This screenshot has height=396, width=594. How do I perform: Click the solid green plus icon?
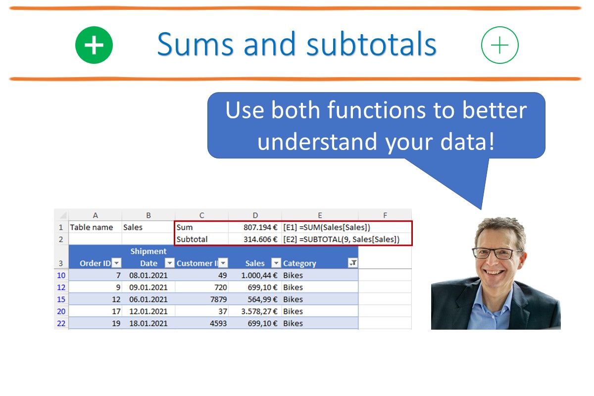tap(94, 45)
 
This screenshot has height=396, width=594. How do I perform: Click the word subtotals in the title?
tap(371, 44)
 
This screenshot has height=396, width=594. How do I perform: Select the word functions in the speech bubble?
tap(377, 110)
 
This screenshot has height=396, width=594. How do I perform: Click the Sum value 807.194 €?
tap(260, 227)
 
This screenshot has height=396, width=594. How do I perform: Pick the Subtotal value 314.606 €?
tap(260, 239)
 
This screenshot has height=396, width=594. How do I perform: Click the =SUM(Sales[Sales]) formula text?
tap(335, 227)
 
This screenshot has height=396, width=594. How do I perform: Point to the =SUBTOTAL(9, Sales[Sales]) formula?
tap(349, 239)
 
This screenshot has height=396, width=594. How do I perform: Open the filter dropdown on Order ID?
tap(116, 263)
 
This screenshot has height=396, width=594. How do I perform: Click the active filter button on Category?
tap(353, 263)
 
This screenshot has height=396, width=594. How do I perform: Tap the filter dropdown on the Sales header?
tap(276, 263)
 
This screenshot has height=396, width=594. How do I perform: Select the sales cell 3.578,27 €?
tap(259, 311)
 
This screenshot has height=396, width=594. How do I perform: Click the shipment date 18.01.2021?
tap(148, 323)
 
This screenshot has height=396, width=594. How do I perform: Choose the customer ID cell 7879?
tap(218, 299)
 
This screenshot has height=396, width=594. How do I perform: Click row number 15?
tap(61, 299)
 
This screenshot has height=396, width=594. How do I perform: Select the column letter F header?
tap(385, 215)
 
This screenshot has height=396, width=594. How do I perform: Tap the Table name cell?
tap(92, 227)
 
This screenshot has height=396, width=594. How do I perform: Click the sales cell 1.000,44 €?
tap(259, 275)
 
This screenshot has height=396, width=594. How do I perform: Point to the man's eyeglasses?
tap(497, 253)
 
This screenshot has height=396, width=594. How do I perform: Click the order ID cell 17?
tap(116, 311)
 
